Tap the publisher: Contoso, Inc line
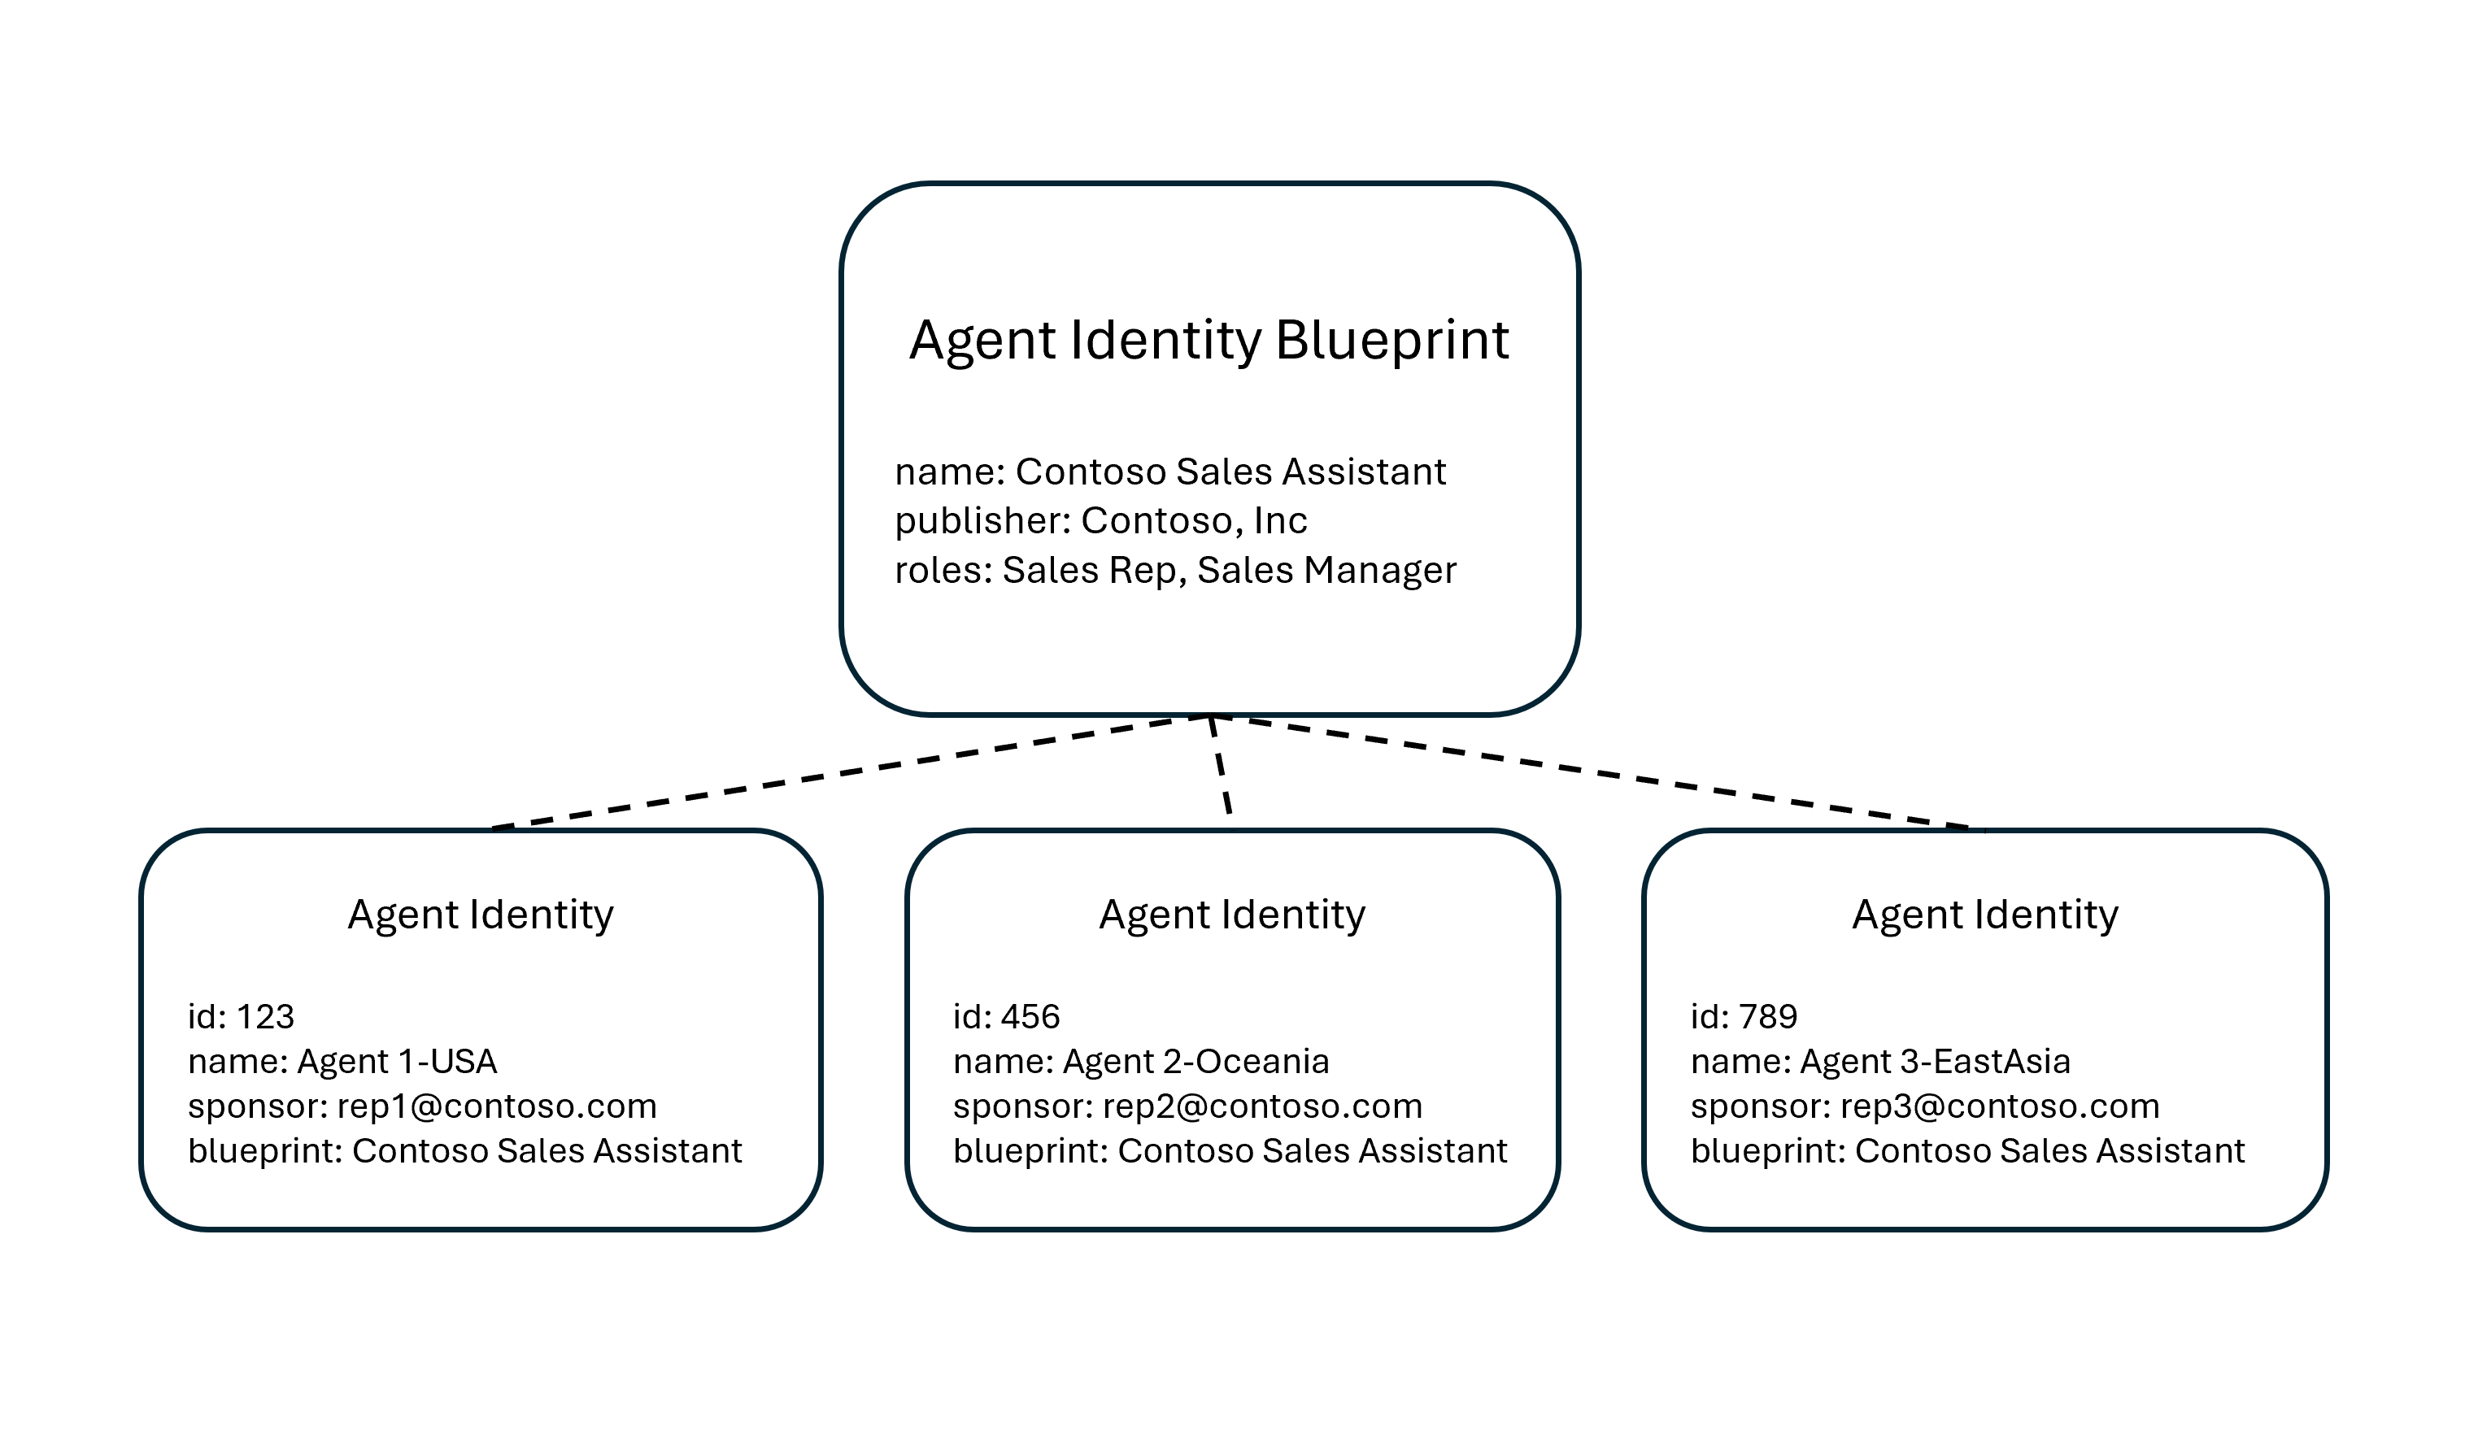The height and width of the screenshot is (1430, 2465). (1100, 521)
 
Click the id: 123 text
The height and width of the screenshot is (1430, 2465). (241, 1017)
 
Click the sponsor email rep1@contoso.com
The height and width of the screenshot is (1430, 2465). (496, 1106)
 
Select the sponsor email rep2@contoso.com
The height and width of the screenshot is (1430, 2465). (1262, 1106)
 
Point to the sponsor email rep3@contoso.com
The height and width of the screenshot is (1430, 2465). (1999, 1106)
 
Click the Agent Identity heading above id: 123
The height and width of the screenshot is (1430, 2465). (481, 915)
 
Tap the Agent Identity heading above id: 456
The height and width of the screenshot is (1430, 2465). (1231, 915)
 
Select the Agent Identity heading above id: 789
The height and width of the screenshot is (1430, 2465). (1984, 915)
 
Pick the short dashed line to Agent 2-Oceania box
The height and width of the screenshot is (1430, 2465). (1220, 765)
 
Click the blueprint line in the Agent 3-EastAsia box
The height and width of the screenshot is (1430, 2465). (1967, 1151)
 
